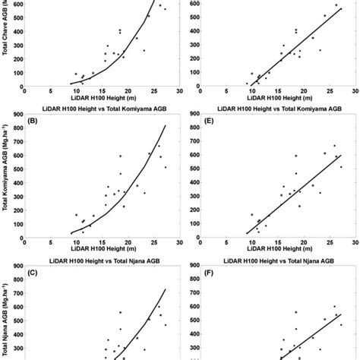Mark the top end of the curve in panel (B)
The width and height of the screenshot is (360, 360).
165,125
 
